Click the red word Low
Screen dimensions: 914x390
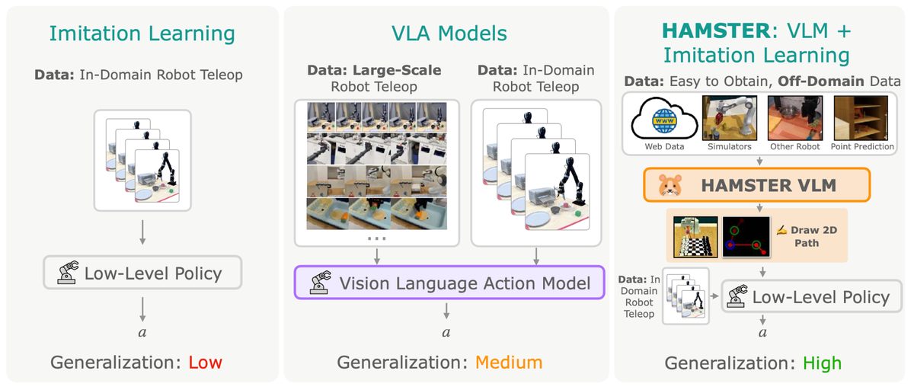205,363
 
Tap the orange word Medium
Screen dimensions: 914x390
509,363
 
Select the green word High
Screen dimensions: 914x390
822,363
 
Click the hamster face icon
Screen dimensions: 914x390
670,185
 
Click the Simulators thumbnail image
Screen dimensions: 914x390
730,118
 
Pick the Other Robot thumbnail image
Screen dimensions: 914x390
795,118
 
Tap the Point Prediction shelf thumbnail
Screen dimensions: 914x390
861,118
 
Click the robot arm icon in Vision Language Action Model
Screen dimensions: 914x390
321,283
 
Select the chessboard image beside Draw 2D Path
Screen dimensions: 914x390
695,237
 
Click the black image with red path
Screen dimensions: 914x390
746,237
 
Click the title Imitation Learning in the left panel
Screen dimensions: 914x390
142,34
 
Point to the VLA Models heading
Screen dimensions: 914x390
449,34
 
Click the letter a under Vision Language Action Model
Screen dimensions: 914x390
446,332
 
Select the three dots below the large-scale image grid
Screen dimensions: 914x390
376,238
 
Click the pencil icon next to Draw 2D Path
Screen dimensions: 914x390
781,231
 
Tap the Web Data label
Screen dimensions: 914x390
664,146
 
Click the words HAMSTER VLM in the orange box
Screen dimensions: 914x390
769,186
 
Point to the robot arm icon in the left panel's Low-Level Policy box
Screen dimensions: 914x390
68,273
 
